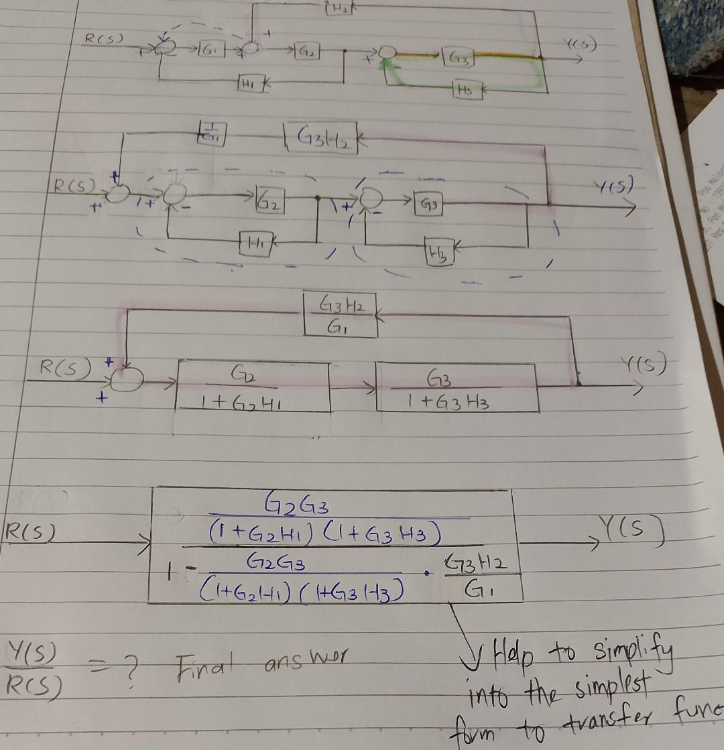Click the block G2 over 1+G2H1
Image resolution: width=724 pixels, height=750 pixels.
[252, 387]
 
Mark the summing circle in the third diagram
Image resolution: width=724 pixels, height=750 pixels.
[127, 379]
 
